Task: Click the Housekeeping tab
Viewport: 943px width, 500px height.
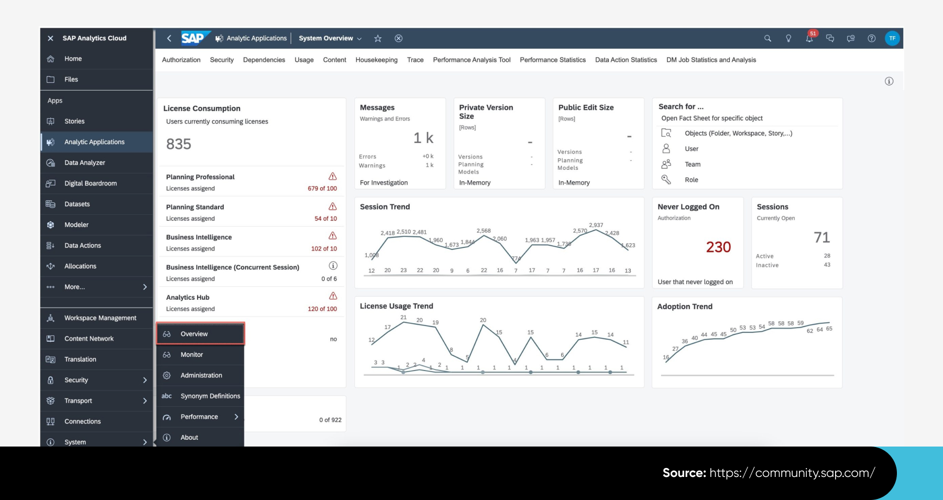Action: point(376,60)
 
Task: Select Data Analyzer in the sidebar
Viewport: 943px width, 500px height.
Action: point(84,162)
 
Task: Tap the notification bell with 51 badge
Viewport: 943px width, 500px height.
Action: point(809,38)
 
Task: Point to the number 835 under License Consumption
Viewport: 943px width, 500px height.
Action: point(179,144)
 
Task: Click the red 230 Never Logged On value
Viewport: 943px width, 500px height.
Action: point(718,247)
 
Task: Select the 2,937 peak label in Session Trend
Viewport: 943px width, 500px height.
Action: point(596,225)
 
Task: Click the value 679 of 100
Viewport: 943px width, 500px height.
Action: point(322,188)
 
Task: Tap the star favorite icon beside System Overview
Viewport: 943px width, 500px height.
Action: point(378,38)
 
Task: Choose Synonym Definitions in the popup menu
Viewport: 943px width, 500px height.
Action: point(210,396)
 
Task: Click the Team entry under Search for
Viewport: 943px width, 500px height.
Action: point(692,164)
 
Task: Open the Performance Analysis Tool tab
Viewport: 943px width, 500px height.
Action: point(471,60)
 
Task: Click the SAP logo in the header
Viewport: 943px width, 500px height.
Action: point(193,38)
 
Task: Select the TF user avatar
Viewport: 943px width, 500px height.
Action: point(892,38)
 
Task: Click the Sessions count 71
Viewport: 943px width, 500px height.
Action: point(821,237)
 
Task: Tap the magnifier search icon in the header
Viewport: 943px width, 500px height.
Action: point(767,38)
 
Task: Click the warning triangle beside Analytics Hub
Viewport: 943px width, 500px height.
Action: point(333,296)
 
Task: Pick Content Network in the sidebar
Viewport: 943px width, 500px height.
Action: point(89,339)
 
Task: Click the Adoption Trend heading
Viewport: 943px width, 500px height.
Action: point(684,306)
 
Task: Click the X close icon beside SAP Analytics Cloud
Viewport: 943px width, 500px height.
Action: point(50,38)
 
